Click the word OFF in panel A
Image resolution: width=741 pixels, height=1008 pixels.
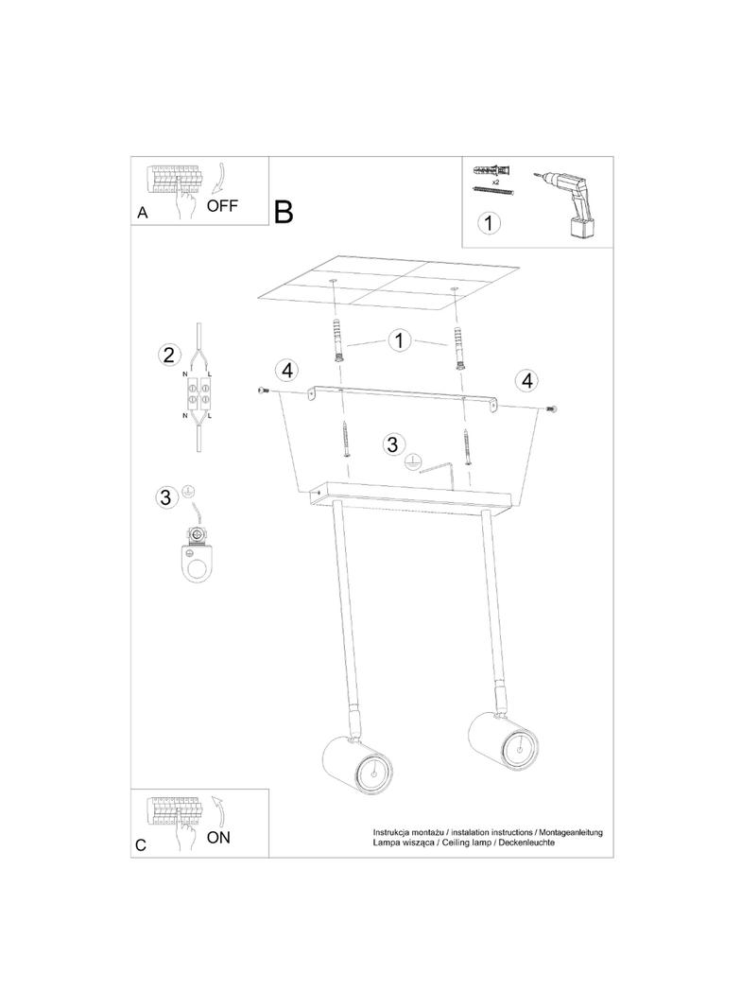click(x=222, y=206)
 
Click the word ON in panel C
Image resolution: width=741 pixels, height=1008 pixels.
click(x=218, y=837)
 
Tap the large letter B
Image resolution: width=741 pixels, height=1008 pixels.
click(x=284, y=212)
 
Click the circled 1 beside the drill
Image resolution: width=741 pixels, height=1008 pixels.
click(x=489, y=222)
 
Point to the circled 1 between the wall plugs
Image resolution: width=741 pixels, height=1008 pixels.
click(x=399, y=340)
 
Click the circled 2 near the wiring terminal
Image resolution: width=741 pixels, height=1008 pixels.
click(x=168, y=355)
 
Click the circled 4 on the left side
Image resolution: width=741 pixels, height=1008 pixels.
click(x=287, y=370)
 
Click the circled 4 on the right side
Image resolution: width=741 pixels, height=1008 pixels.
click(x=527, y=380)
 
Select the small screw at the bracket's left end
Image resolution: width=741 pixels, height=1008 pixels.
click(x=262, y=391)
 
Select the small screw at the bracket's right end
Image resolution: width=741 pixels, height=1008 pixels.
click(x=550, y=408)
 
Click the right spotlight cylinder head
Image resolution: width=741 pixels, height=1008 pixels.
click(x=503, y=742)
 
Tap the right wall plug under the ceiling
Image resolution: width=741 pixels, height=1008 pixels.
click(x=458, y=348)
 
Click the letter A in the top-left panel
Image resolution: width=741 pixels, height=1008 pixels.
click(x=143, y=212)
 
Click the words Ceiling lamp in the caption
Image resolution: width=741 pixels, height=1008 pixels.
click(x=465, y=843)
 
